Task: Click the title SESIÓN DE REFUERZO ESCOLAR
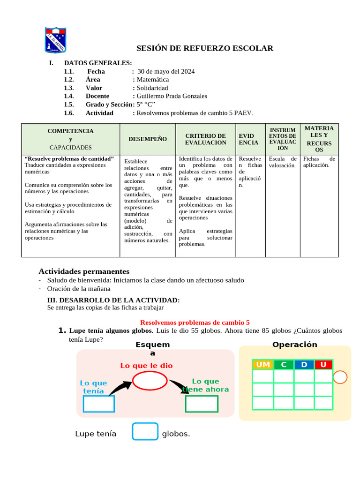(x=204, y=48)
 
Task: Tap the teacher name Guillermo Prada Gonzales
(x=172, y=96)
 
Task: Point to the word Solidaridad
(x=152, y=88)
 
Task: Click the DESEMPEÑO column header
(x=148, y=139)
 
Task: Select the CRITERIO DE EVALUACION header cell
(x=205, y=139)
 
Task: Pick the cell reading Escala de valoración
(x=283, y=162)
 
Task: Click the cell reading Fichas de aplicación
(x=319, y=162)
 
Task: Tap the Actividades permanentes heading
(x=84, y=271)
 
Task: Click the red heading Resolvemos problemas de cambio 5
(x=195, y=322)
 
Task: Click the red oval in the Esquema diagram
(x=150, y=380)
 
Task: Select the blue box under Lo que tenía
(x=98, y=404)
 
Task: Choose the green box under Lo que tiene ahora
(x=202, y=404)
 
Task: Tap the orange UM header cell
(x=263, y=365)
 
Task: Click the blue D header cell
(x=304, y=365)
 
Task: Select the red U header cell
(x=323, y=365)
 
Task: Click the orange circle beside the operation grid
(x=340, y=377)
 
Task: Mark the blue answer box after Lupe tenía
(x=145, y=432)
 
